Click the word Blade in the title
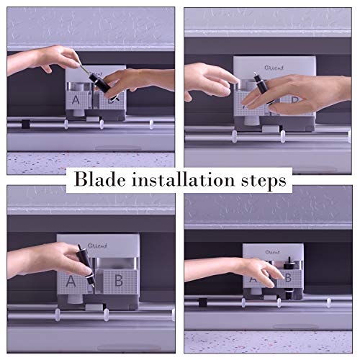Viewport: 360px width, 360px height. (x=99, y=179)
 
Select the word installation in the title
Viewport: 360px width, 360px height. (x=183, y=179)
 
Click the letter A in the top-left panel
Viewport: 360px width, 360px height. (x=76, y=99)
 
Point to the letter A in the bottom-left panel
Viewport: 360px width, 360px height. (x=71, y=281)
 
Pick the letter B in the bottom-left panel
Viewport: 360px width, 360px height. (x=119, y=280)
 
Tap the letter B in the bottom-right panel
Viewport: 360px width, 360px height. (x=288, y=278)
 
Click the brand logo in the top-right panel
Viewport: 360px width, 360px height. (x=274, y=68)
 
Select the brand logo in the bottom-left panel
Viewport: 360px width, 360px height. (x=97, y=246)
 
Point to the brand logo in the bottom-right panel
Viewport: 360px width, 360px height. (x=273, y=252)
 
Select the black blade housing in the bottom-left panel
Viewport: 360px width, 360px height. (x=85, y=265)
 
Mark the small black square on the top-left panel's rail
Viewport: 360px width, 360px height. (x=25, y=124)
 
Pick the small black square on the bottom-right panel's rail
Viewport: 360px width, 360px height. (x=203, y=302)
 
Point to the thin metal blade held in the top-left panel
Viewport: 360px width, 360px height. (x=84, y=68)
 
